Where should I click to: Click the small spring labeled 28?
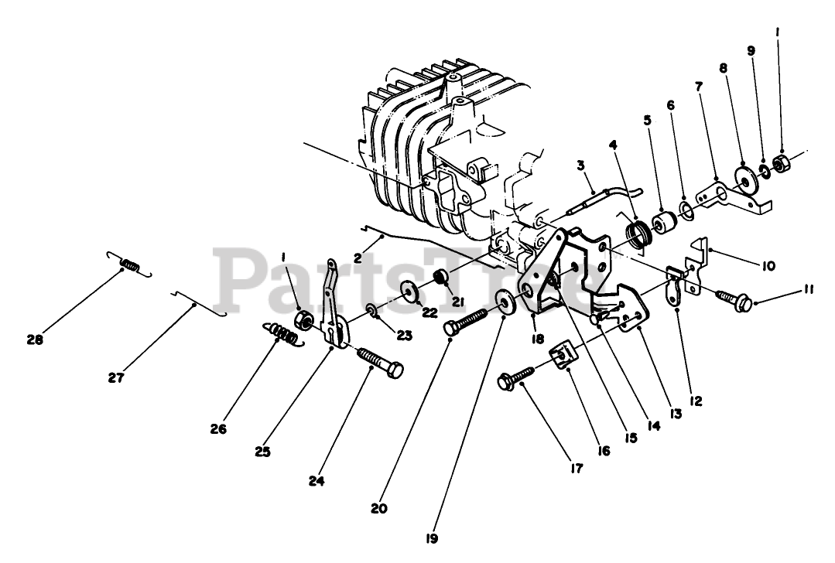pyautogui.click(x=130, y=266)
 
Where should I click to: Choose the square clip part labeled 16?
pyautogui.click(x=566, y=356)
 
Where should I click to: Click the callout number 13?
pyautogui.click(x=676, y=414)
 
